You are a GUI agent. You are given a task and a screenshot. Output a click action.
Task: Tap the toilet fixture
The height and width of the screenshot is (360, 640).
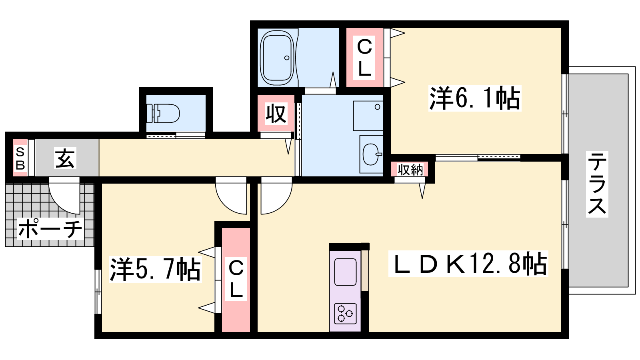[x=163, y=113]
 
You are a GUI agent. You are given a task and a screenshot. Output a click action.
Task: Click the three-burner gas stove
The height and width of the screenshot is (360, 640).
[x=346, y=313]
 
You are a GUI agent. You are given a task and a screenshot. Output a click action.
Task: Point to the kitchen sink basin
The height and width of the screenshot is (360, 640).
[x=346, y=272]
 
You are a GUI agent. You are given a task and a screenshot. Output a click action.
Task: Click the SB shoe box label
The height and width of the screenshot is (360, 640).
[x=20, y=158]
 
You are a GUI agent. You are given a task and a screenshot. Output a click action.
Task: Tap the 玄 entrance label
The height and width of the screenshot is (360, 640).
[x=66, y=158]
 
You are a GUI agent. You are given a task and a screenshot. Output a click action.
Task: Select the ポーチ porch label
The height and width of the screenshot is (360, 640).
[x=50, y=229]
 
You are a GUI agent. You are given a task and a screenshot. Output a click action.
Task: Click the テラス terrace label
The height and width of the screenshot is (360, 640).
[x=597, y=184]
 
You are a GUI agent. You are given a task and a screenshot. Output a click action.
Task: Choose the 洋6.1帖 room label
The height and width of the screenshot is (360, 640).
[x=474, y=98]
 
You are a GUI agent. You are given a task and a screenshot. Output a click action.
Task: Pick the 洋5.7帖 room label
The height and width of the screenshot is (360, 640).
[x=155, y=270]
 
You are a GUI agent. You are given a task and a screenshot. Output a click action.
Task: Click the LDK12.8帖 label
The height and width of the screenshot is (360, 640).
[x=468, y=264]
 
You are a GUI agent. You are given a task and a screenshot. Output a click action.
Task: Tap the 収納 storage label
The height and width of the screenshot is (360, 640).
[x=410, y=170]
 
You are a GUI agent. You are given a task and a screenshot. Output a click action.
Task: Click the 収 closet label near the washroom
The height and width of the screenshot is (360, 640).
[x=276, y=114]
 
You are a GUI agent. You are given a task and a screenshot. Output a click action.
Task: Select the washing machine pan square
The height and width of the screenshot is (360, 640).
[x=368, y=116]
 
